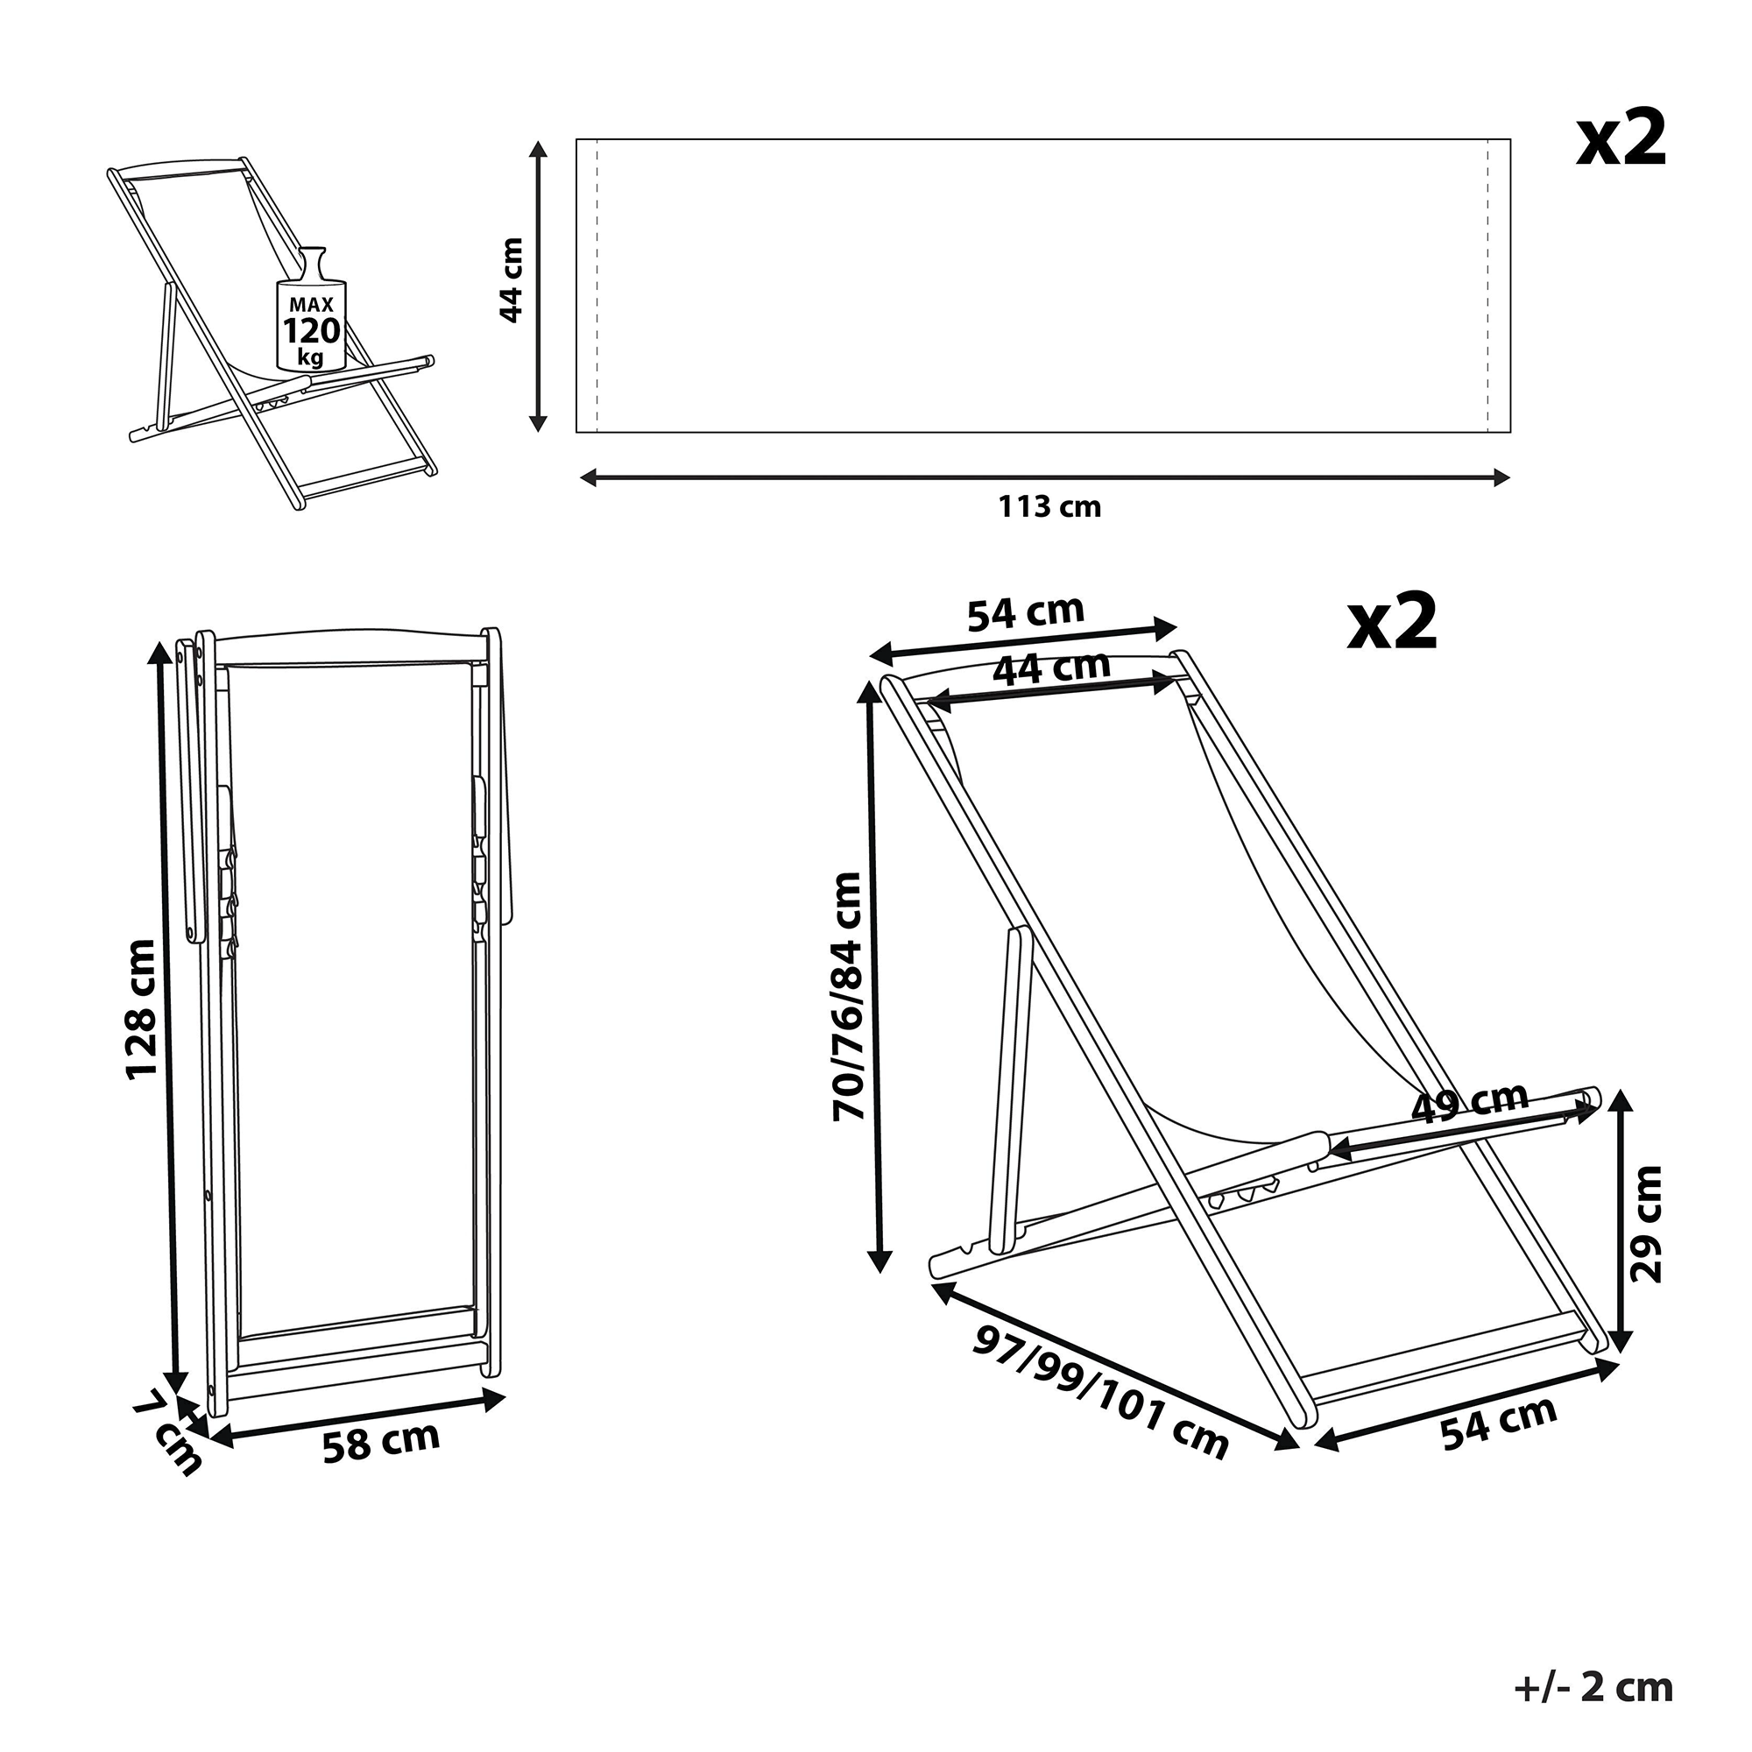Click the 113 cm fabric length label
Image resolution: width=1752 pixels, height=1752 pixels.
click(x=1049, y=506)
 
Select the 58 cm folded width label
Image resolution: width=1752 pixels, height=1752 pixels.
click(x=381, y=1442)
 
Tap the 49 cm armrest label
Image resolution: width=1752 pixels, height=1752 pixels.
click(x=1470, y=1103)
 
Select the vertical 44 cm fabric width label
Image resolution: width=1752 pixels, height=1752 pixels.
click(x=512, y=280)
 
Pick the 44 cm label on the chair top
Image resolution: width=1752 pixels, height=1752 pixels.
click(x=1051, y=669)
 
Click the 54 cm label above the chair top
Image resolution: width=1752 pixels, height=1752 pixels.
click(x=1026, y=613)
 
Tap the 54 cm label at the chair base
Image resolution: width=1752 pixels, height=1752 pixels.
click(x=1498, y=1423)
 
